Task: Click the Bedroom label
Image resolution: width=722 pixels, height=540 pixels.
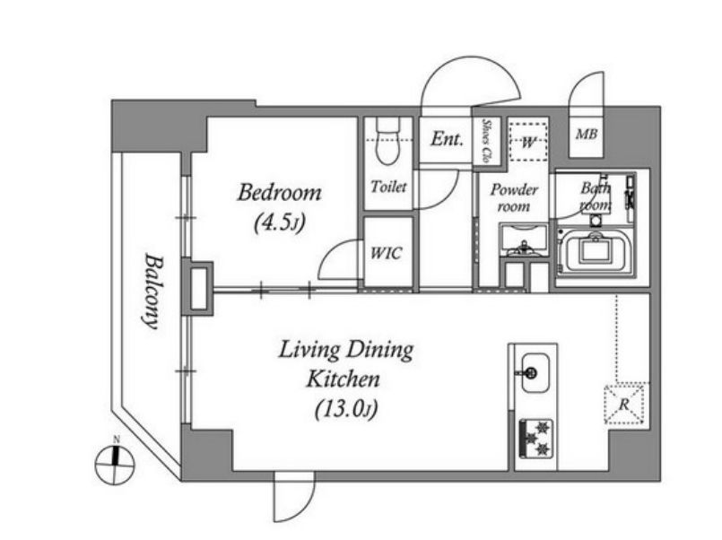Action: pos(279,193)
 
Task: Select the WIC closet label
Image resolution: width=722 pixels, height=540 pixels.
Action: pos(387,253)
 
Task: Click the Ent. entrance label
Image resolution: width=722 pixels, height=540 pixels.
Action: pos(447,138)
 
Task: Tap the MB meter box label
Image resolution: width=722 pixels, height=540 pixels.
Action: pos(587,134)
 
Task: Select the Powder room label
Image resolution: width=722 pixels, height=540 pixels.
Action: pos(514,198)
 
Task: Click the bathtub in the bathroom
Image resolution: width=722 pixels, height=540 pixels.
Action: pos(596,251)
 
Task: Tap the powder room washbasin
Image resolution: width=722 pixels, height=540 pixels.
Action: pos(524,240)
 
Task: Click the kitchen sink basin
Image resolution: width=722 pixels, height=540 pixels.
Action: pos(534,373)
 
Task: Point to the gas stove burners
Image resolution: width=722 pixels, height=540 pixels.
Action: pos(536,439)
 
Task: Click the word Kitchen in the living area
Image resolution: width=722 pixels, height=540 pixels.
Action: pos(344,379)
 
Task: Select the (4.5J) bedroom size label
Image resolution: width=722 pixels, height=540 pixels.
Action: pos(280,222)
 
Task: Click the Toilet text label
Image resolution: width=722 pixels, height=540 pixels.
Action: pos(388,187)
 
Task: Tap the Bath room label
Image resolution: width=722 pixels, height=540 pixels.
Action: pos(596,196)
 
